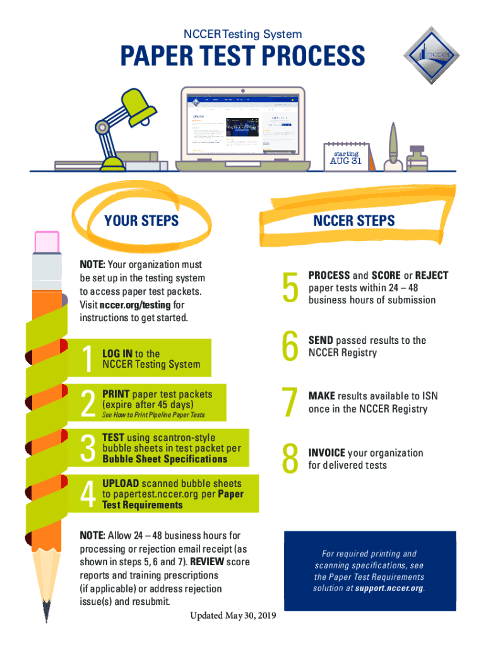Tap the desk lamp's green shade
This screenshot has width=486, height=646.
tap(140, 102)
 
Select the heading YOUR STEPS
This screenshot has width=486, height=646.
tap(141, 221)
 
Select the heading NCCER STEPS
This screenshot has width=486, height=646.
tap(354, 220)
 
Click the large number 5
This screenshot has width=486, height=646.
tap(290, 288)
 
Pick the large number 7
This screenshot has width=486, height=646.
tap(290, 403)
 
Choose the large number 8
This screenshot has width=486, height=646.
tap(290, 459)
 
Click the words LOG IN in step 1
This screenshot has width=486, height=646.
tap(117, 354)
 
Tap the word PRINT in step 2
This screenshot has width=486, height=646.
tap(116, 394)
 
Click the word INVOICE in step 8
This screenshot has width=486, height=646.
tap(326, 453)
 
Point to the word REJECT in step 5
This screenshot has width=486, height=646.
tap(432, 276)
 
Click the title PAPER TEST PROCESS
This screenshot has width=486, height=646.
tap(243, 56)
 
